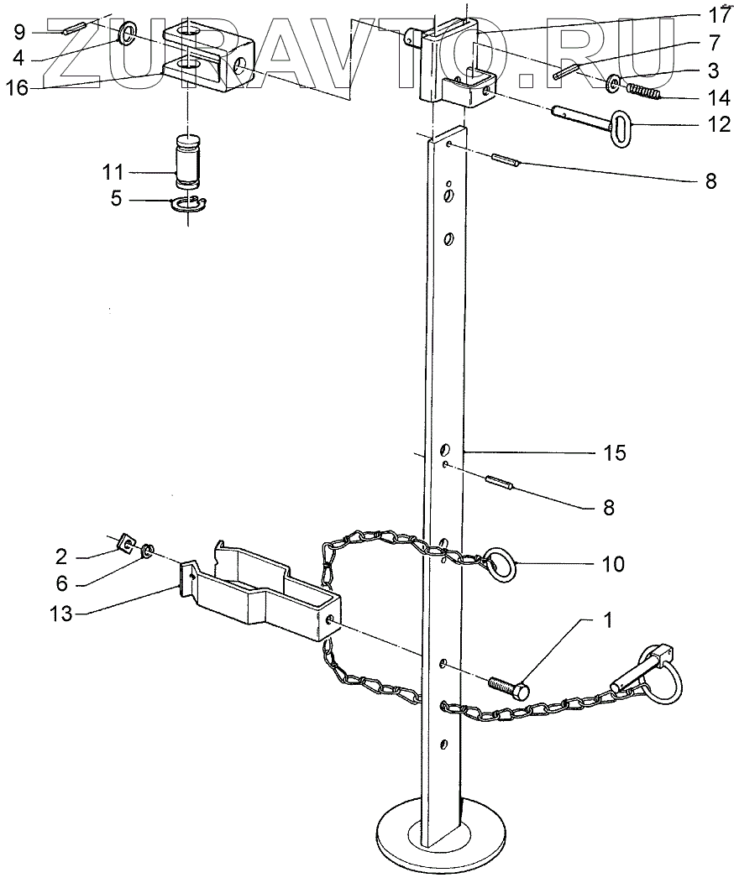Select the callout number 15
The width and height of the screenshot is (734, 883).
point(614,453)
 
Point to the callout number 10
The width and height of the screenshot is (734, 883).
point(613,564)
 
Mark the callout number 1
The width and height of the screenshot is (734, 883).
point(606,622)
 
